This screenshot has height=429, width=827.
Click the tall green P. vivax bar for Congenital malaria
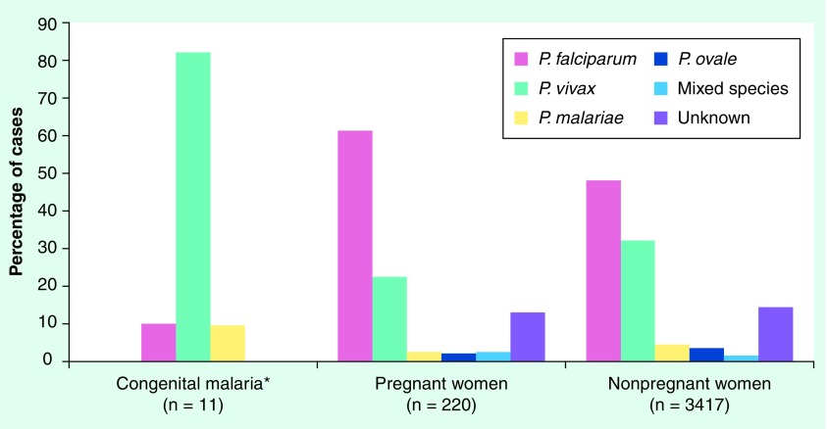[x=192, y=207]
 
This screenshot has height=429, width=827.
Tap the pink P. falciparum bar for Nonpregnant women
[x=603, y=270]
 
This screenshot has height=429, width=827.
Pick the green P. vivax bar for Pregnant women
[x=389, y=318]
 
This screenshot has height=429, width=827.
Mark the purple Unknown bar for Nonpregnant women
[x=776, y=334]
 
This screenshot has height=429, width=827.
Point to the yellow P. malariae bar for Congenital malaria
[x=228, y=343]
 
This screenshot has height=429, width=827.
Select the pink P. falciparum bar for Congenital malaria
[x=158, y=342]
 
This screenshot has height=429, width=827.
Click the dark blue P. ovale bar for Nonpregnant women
[x=707, y=354]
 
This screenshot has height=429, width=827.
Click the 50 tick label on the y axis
[x=46, y=173]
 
